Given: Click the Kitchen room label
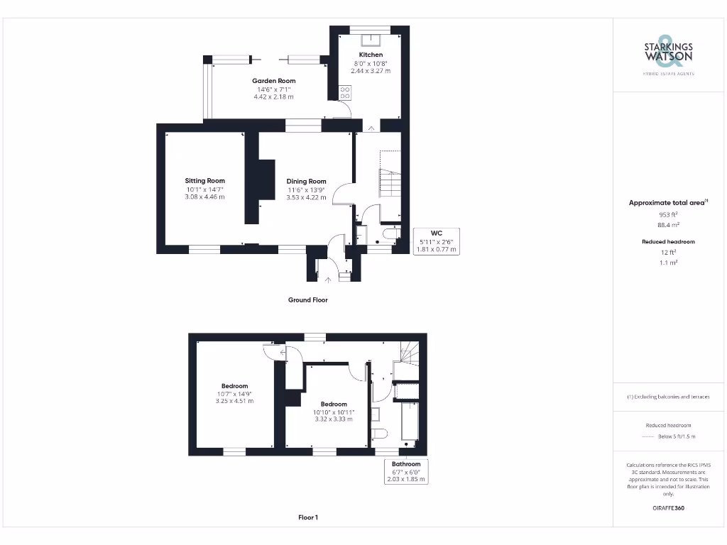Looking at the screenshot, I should pos(371,55).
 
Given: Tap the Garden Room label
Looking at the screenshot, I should pos(273,81).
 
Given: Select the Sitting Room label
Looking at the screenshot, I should pos(205,181).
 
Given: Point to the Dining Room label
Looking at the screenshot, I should pos(306,182).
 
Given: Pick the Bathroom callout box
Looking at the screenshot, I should pos(406,471).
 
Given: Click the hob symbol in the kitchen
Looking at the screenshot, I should pos(346,92).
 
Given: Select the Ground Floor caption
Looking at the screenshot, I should pos(307,300).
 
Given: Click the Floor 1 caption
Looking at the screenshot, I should pos(307,518).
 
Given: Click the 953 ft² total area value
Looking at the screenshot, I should pos(668,214).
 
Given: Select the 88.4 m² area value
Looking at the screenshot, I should pos(668,224).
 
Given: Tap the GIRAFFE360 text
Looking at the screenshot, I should pos(668,508).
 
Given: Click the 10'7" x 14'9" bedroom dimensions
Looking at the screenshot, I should pos(234,394).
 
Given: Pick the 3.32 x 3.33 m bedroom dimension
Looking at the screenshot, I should pos(334,419).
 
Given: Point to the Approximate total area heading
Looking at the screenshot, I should pos(668,203).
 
